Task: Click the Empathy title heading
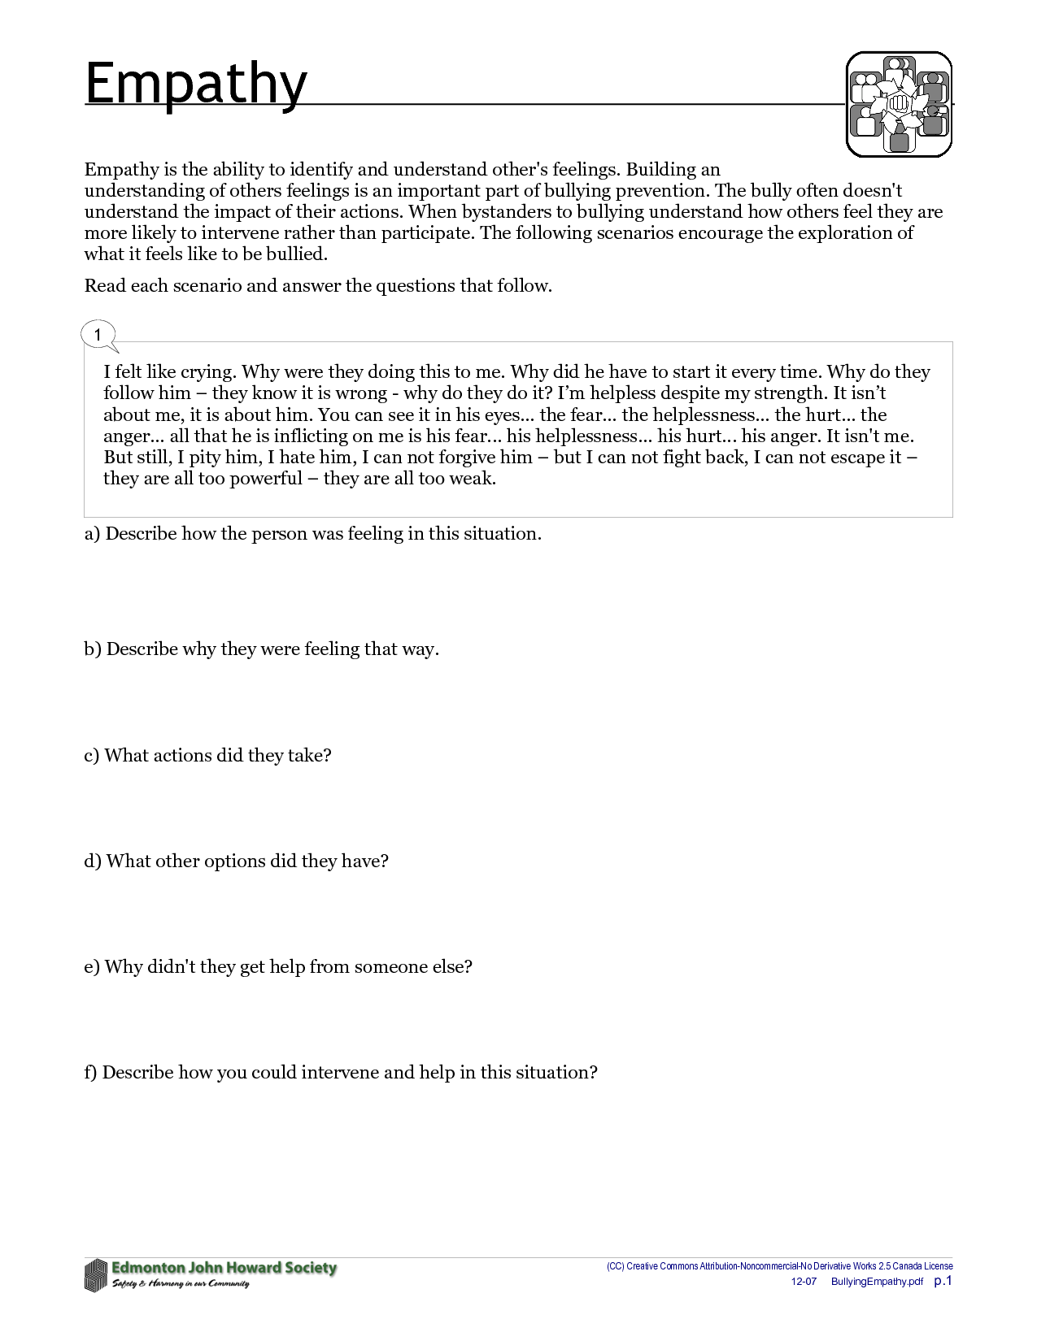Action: [x=196, y=84]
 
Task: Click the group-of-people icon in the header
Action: [x=899, y=104]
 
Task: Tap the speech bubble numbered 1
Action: [x=98, y=335]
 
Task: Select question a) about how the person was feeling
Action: [x=312, y=534]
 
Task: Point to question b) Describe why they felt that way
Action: [x=261, y=649]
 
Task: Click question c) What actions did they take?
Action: [x=207, y=756]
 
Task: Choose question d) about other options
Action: [x=236, y=861]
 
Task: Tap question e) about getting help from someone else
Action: [x=277, y=967]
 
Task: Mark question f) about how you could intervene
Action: [x=340, y=1073]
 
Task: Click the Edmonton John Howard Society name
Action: [x=224, y=1268]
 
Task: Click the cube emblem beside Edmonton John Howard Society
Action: [x=96, y=1274]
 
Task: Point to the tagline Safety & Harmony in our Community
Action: [x=181, y=1284]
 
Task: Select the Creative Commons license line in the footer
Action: [x=779, y=1266]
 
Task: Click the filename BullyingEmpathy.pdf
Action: [x=877, y=1282]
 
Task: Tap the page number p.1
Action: [x=943, y=1281]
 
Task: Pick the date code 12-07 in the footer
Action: [x=804, y=1282]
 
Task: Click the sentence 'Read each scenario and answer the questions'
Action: [x=318, y=286]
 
